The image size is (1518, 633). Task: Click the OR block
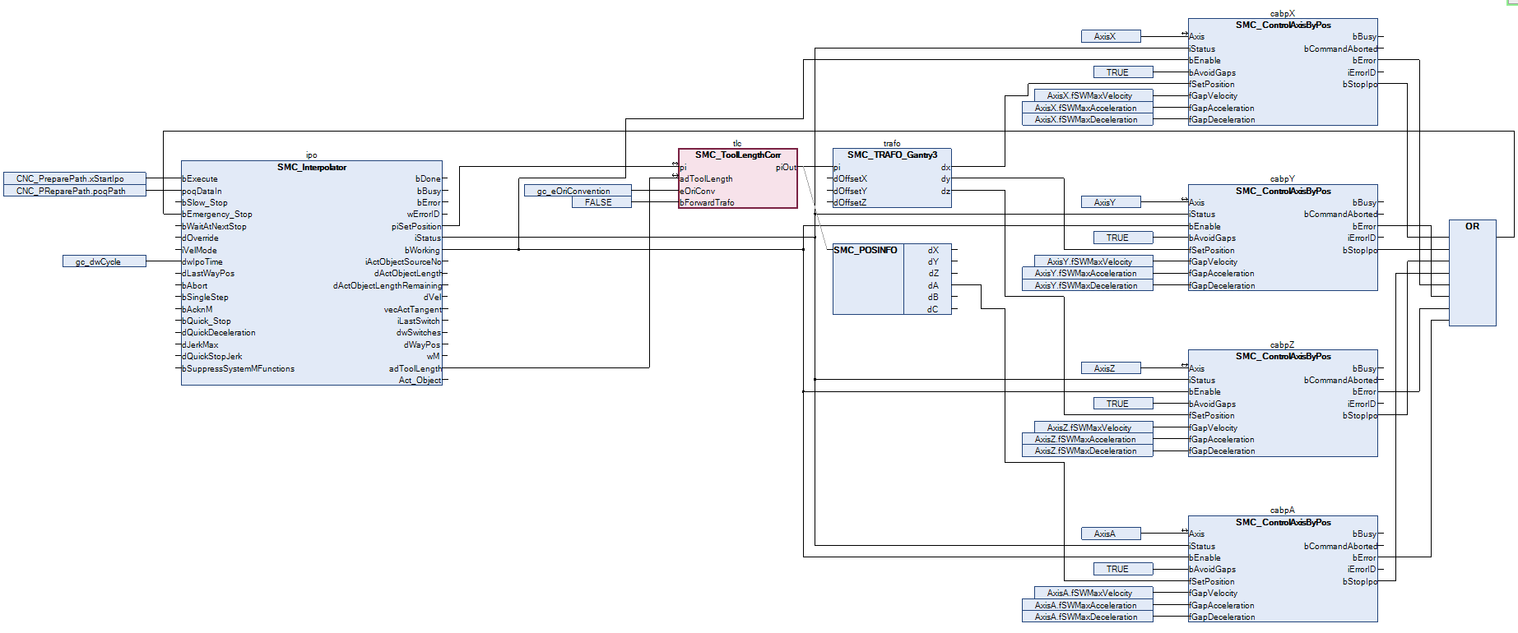click(x=1472, y=227)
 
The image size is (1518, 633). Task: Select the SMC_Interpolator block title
click(x=312, y=168)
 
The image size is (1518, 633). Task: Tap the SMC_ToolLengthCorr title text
click(x=737, y=155)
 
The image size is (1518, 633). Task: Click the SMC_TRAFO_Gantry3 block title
click(x=892, y=155)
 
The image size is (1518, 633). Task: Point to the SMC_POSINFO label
click(x=866, y=250)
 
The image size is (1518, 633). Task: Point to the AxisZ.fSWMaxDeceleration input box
click(x=1087, y=451)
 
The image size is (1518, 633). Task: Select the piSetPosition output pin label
click(x=416, y=226)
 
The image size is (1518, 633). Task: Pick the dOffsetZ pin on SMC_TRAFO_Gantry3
click(x=851, y=203)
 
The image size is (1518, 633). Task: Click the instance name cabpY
click(x=1282, y=178)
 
